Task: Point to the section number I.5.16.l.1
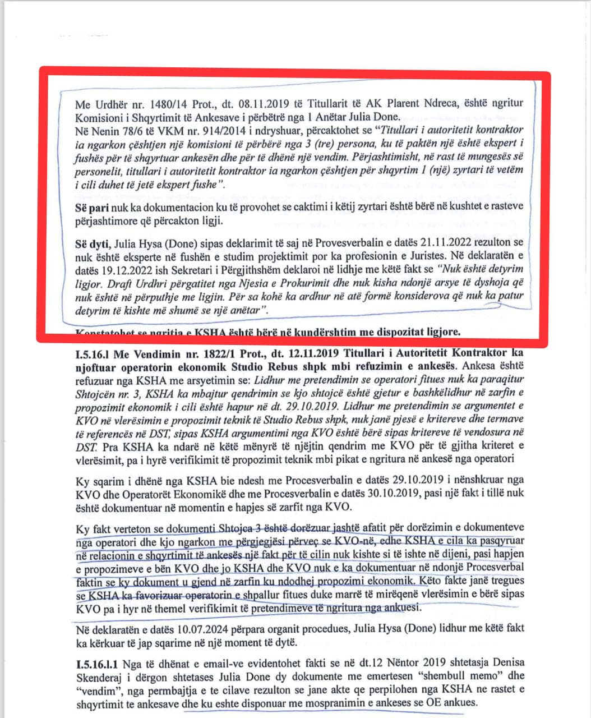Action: pos(98,665)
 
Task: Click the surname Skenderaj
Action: pos(100,679)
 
